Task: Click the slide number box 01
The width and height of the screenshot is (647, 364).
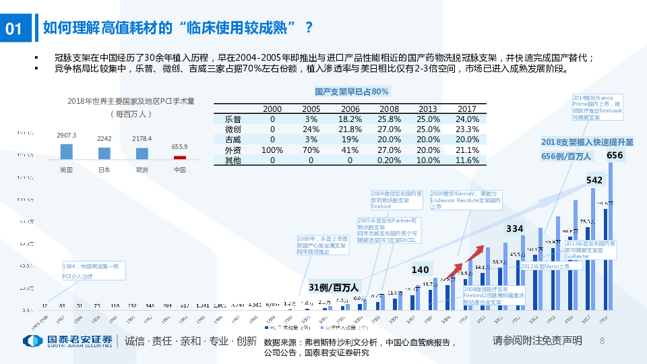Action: (x=16, y=28)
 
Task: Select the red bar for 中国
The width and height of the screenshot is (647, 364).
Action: (x=179, y=157)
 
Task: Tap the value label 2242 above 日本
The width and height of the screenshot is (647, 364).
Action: (x=104, y=138)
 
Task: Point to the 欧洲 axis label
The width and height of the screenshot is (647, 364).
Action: (x=142, y=169)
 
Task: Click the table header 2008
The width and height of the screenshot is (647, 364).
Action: (x=390, y=109)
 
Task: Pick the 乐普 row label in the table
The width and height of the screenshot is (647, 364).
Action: (x=233, y=119)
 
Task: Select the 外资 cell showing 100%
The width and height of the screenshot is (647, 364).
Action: (x=272, y=150)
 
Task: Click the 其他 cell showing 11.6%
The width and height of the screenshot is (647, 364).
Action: (x=467, y=160)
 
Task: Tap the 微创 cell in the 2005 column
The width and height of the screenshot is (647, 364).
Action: (x=311, y=129)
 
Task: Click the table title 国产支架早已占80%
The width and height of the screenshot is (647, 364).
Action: (x=352, y=91)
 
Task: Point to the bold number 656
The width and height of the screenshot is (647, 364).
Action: (x=615, y=156)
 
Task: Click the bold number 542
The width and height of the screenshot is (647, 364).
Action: (x=594, y=180)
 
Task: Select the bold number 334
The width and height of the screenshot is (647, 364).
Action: (x=515, y=229)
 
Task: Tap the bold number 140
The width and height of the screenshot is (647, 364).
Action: (x=421, y=270)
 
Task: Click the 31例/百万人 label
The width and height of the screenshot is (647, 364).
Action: (x=334, y=288)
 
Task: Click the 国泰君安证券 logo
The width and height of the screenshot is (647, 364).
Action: (x=67, y=341)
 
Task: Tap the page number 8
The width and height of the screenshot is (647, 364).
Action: (x=602, y=341)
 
